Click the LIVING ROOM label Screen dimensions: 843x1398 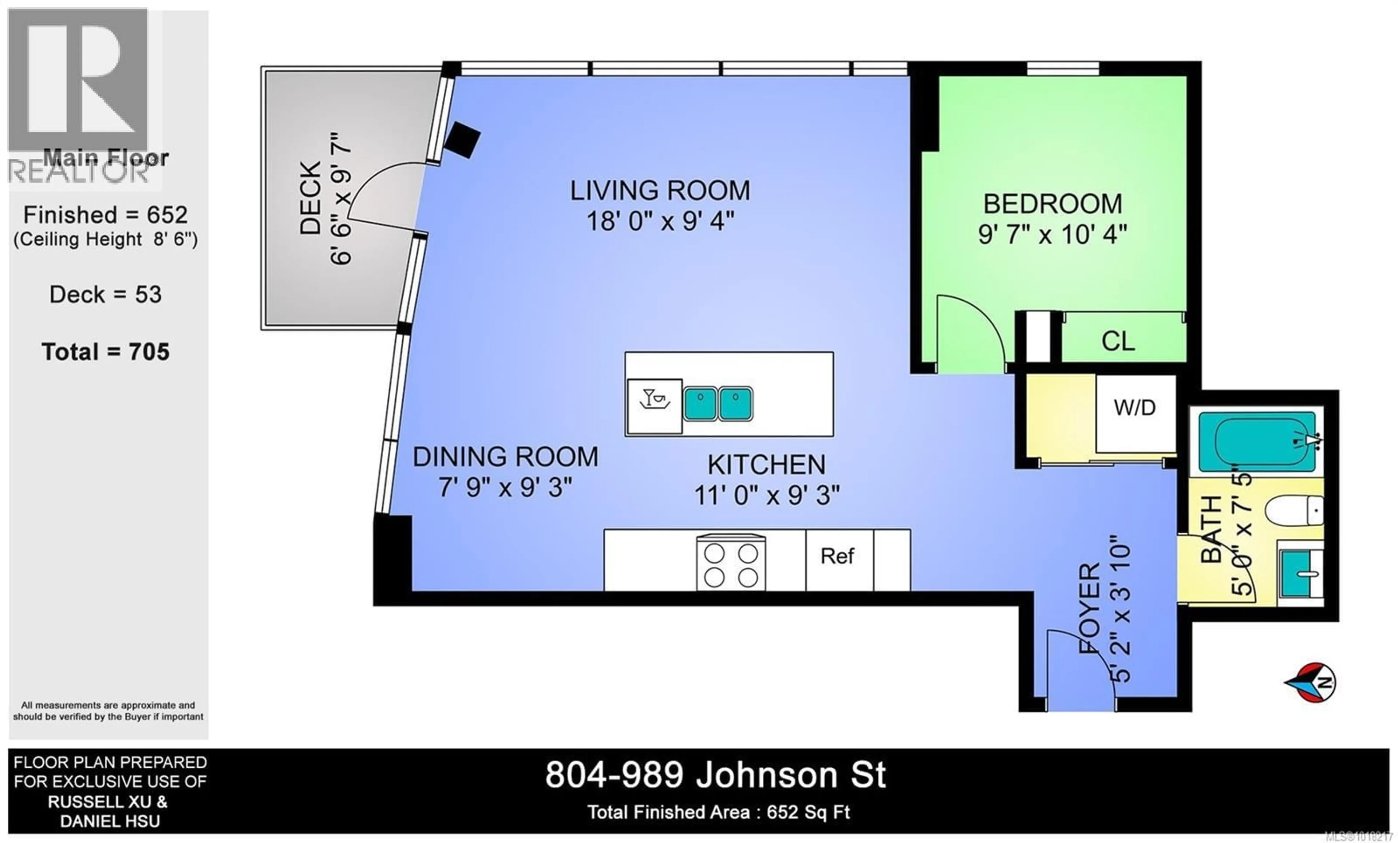pyautogui.click(x=659, y=191)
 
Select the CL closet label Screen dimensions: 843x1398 pyautogui.click(x=1118, y=341)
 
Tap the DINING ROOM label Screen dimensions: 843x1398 pyautogui.click(x=505, y=457)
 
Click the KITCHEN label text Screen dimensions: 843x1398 pyautogui.click(x=766, y=465)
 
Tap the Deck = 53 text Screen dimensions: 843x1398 pyautogui.click(x=106, y=295)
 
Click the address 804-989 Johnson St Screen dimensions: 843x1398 pyautogui.click(x=715, y=775)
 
